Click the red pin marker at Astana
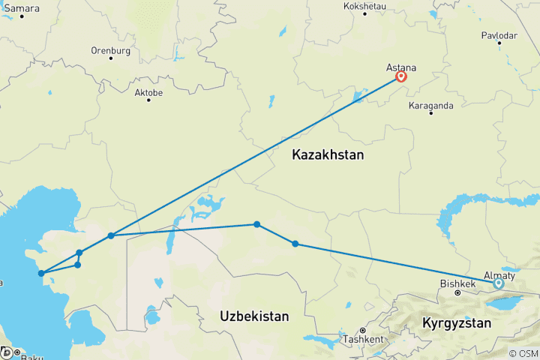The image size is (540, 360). coord(401,76)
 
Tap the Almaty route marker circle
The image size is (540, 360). coord(498,283)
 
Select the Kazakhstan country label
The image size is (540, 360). coord(328,156)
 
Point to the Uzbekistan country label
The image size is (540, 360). coord(254,317)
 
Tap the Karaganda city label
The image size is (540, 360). coord(431,106)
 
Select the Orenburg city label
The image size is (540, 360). coord(110,51)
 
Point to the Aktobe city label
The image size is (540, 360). coord(148,93)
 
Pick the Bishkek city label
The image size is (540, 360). coord(457,284)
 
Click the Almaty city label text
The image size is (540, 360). coord(498,274)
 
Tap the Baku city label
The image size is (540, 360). coord(32,358)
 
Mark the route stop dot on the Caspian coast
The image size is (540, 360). coord(41,273)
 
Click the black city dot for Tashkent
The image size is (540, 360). coord(361,331)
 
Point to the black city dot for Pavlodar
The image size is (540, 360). coord(499,43)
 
